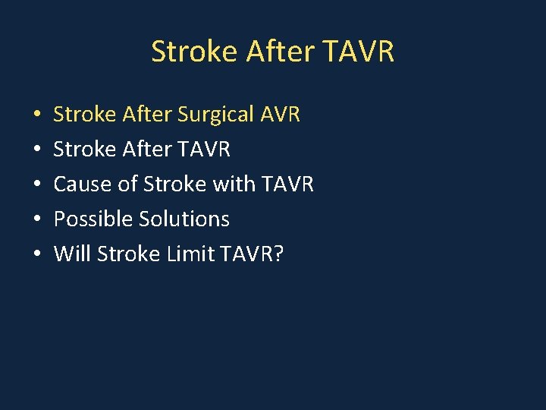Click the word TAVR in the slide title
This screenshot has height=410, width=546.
tap(358, 52)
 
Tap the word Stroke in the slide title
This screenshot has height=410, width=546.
tap(194, 52)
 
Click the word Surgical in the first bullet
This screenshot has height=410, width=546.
tap(215, 115)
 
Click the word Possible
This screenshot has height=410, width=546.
tap(93, 219)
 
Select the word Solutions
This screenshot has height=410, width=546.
tap(184, 219)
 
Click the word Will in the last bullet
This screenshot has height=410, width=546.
tap(71, 254)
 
